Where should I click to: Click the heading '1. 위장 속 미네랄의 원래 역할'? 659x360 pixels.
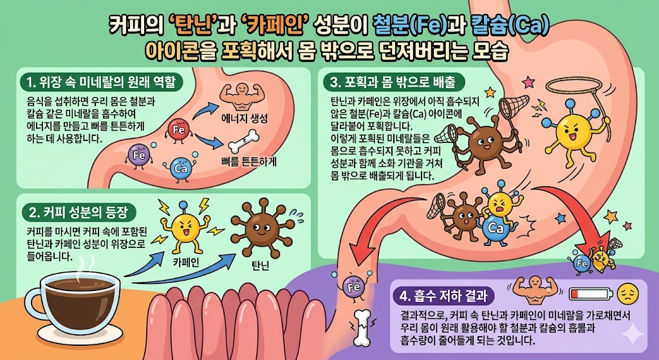pyautogui.click(x=102, y=82)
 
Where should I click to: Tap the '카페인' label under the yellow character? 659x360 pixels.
pyautogui.click(x=185, y=263)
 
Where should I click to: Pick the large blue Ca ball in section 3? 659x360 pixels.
pyautogui.click(x=496, y=227)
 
